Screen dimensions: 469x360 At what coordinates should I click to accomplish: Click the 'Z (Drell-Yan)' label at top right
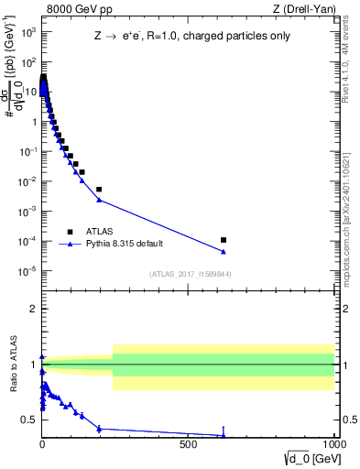point(309,9)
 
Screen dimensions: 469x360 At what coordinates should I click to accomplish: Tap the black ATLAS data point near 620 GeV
point(224,240)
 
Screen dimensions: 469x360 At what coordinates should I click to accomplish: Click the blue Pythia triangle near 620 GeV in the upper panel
point(224,252)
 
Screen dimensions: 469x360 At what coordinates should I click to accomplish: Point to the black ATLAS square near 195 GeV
point(99,190)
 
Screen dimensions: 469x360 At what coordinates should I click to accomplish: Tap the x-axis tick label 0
point(42,442)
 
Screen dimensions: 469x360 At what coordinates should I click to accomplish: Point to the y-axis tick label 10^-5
point(27,271)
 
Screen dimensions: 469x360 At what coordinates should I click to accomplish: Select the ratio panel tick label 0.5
point(29,420)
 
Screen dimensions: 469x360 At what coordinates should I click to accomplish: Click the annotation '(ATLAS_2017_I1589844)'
point(190,274)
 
